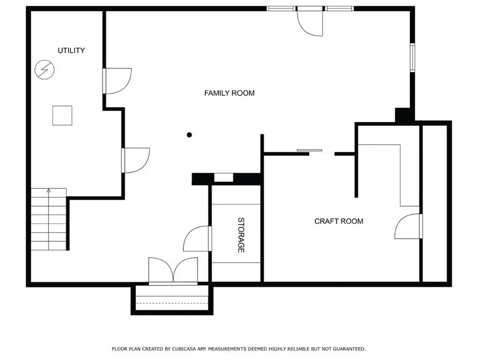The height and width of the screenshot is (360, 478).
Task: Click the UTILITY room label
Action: pos(71,50)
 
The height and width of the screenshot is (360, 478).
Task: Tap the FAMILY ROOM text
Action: pos(229,93)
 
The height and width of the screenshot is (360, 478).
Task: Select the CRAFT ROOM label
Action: pos(339,221)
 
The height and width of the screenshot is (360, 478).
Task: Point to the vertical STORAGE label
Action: pos(241,235)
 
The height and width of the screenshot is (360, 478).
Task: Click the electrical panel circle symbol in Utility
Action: pos(44,70)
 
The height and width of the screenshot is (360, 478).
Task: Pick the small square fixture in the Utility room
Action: pos(62,115)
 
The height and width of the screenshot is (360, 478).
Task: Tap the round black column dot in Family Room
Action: pos(190,135)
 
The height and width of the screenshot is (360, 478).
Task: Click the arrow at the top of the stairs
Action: pos(49,191)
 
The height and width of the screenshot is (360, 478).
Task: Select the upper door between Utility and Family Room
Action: pos(117,81)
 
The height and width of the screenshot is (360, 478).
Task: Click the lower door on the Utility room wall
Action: pos(136,160)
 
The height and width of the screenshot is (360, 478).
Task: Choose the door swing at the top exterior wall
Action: pos(310,21)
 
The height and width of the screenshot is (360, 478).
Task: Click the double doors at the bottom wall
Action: pos(173,271)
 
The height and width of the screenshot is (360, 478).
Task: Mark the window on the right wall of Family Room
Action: pos(413,57)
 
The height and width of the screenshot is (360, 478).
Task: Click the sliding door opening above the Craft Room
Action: pos(322,151)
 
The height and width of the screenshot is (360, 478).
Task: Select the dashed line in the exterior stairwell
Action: pos(172,304)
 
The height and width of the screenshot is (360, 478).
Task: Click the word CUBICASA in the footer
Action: pos(184,349)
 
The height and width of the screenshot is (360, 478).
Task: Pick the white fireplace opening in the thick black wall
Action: pos(224,177)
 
